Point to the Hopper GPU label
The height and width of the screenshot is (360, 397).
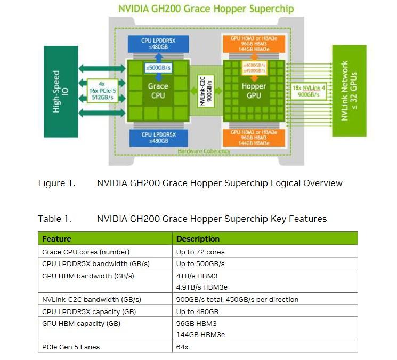pyautogui.click(x=254, y=91)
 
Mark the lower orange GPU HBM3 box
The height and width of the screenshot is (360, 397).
pyautogui.click(x=254, y=137)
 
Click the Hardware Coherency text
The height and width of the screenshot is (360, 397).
pyautogui.click(x=204, y=151)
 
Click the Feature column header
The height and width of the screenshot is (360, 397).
pyautogui.click(x=57, y=238)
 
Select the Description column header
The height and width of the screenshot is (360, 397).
pyautogui.click(x=198, y=238)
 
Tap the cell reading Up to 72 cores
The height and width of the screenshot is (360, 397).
pyautogui.click(x=200, y=252)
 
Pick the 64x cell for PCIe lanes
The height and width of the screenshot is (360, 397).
pyautogui.click(x=182, y=347)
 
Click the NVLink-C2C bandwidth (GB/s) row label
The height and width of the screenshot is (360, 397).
pyautogui.click(x=91, y=299)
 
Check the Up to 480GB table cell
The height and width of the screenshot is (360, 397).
pyautogui.click(x=197, y=311)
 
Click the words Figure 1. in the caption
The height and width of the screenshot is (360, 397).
pyautogui.click(x=56, y=183)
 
